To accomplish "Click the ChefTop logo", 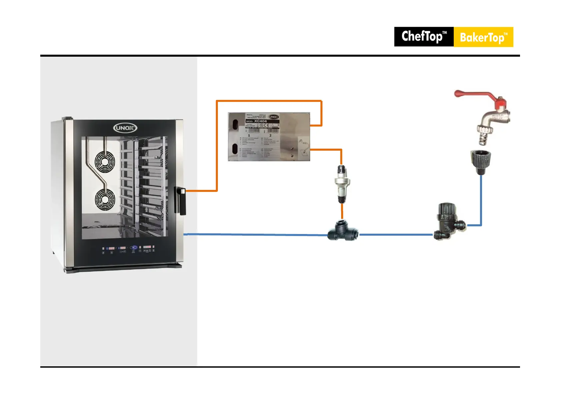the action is coord(423,37).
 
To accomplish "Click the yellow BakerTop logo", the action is coord(483,37).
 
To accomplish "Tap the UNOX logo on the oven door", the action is coord(125,128).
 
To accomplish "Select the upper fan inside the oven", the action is coord(105,162).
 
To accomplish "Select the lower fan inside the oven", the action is coord(105,200).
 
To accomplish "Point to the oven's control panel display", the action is coord(129,248).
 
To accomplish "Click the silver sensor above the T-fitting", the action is coord(342,184).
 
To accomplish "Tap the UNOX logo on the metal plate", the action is coord(273,117).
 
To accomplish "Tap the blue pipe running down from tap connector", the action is coord(481,200).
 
